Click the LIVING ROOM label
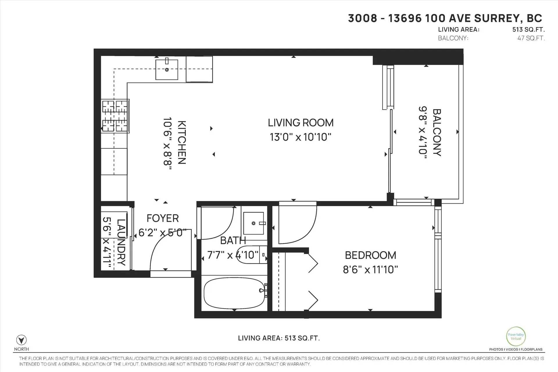[x=301, y=123]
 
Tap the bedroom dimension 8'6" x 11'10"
[x=370, y=270]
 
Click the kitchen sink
[x=167, y=69]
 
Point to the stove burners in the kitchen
[x=115, y=116]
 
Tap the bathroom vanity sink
[x=254, y=223]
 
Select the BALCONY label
[x=437, y=133]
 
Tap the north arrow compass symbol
[x=22, y=340]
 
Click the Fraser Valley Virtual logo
[x=516, y=336]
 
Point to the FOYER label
[x=162, y=218]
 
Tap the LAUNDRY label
[x=121, y=242]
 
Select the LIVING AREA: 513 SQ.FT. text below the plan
[x=279, y=338]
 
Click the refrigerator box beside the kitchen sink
[x=199, y=69]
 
